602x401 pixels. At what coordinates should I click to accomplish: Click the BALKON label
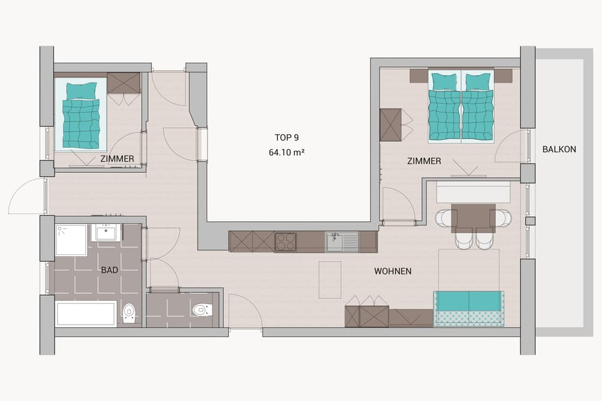559,149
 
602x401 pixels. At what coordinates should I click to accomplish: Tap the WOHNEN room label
393,271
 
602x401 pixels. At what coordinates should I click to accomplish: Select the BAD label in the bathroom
110,270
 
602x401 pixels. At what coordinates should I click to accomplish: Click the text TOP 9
286,137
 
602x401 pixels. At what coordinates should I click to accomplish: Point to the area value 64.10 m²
286,152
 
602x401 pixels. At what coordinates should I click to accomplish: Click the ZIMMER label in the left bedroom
117,159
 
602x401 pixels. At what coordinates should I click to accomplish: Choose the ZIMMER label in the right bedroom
424,161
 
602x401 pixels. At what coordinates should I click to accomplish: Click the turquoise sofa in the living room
468,308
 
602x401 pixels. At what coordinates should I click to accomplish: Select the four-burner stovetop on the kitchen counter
286,242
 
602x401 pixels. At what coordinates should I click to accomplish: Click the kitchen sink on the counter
341,241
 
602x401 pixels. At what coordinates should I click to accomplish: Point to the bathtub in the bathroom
86,313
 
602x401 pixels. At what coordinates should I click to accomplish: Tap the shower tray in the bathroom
71,240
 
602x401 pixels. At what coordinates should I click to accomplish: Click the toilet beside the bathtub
129,311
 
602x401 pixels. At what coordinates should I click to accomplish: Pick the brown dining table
473,217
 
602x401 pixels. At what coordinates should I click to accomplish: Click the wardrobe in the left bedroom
124,83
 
